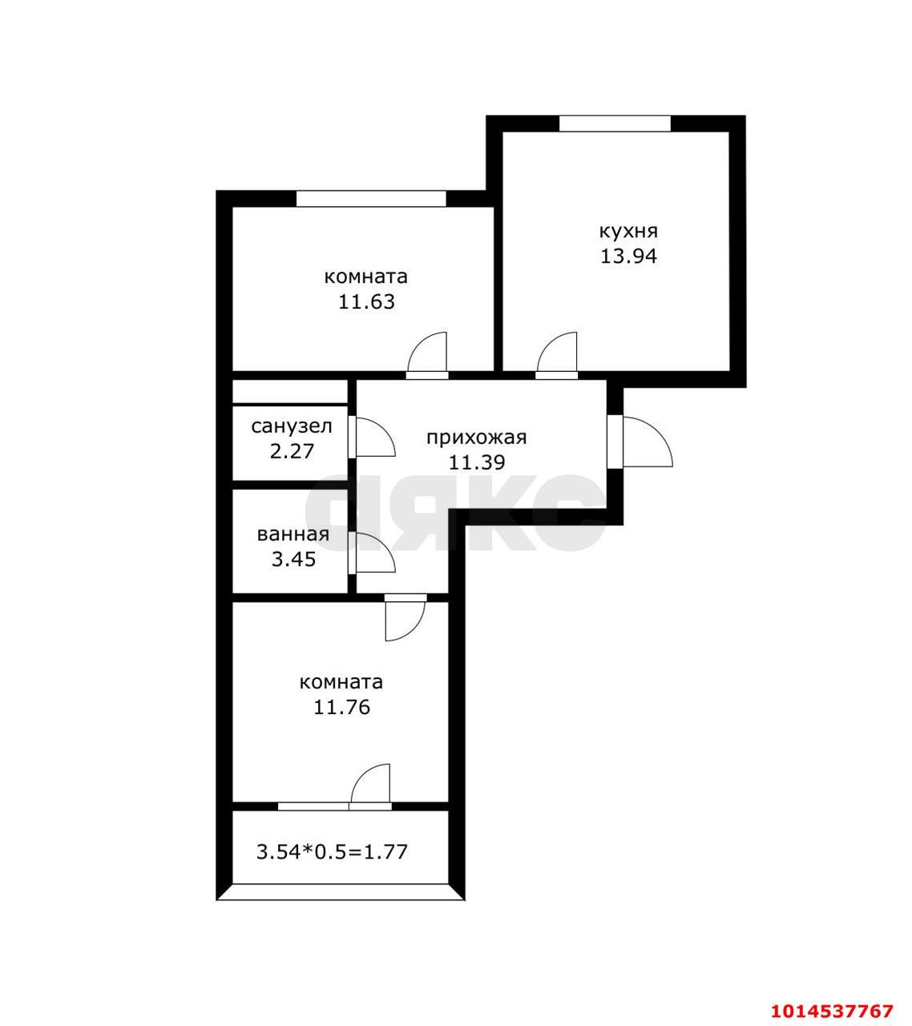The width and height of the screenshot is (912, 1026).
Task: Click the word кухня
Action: [x=628, y=232]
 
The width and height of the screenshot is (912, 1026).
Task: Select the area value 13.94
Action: [x=628, y=256]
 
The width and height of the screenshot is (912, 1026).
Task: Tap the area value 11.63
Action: [x=365, y=302]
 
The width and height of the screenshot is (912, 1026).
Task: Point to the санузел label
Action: [x=292, y=426]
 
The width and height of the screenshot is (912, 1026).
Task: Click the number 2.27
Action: [x=292, y=451]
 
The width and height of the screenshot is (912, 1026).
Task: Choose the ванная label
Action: [x=293, y=535]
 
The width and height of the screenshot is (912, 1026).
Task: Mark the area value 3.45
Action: [x=293, y=559]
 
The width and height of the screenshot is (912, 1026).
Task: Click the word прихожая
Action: [x=476, y=437]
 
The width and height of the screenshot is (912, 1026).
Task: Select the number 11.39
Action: [x=476, y=463]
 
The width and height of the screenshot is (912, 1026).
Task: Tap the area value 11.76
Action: [x=341, y=708]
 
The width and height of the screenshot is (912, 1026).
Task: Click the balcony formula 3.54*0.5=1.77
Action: [x=332, y=851]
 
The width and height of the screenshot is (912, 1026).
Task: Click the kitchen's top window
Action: [x=614, y=123]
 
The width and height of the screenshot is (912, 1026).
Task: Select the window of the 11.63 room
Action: [x=370, y=199]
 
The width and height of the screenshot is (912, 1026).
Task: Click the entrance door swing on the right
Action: [x=646, y=442]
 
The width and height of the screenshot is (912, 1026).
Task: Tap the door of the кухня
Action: [x=557, y=354]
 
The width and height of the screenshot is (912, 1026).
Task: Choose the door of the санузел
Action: [x=372, y=438]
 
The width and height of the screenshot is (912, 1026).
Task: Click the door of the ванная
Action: [x=373, y=554]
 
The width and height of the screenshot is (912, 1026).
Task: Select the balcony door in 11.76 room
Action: [x=370, y=786]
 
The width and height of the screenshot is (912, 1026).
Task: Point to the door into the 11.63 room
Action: [x=427, y=354]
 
